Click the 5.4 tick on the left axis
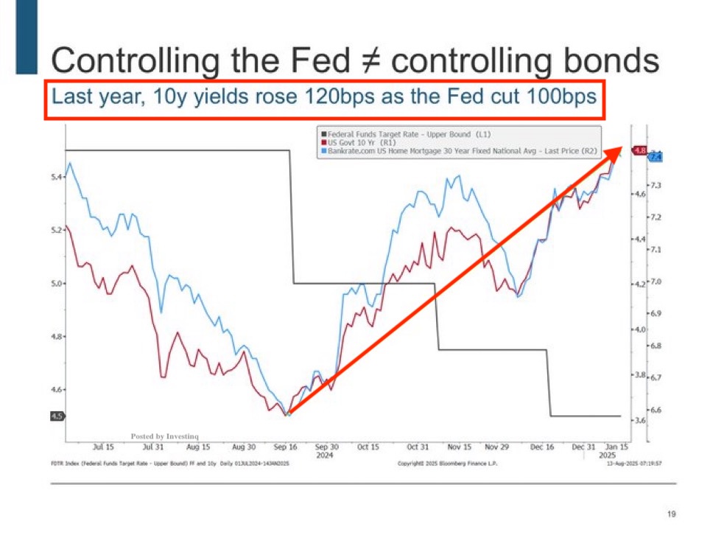[x=56, y=177]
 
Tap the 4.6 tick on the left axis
[x=56, y=390]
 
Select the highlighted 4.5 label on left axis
[x=56, y=416]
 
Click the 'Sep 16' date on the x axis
[x=285, y=447]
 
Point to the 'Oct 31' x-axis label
[x=418, y=447]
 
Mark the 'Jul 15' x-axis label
[x=104, y=447]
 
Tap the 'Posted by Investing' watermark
[x=164, y=436]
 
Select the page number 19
[x=670, y=514]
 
